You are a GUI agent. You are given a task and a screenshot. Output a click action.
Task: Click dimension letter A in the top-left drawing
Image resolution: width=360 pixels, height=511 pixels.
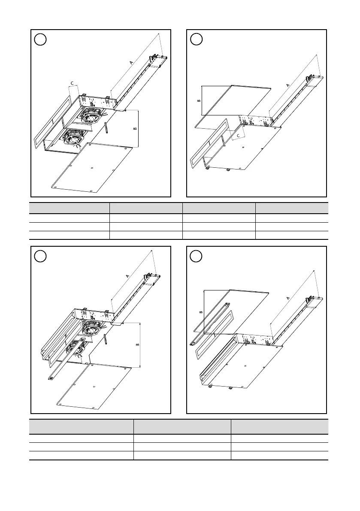(131, 63)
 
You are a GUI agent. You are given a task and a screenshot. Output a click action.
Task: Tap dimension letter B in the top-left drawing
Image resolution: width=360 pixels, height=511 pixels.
(135, 128)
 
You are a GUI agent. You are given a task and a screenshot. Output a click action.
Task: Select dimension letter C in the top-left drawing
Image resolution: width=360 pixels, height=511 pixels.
(72, 82)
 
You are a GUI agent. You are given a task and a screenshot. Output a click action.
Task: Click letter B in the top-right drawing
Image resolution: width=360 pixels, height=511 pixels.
(198, 100)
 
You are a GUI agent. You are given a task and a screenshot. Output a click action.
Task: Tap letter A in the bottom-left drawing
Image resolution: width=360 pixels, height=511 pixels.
(127, 277)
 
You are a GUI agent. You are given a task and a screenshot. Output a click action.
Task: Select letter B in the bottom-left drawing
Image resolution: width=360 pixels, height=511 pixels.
(136, 345)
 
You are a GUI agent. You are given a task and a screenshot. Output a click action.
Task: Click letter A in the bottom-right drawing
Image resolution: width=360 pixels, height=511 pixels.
(287, 298)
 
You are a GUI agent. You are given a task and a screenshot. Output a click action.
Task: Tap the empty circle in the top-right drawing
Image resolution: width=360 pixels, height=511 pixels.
(196, 40)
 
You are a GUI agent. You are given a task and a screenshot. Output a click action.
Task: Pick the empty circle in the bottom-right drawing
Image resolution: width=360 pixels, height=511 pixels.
(196, 256)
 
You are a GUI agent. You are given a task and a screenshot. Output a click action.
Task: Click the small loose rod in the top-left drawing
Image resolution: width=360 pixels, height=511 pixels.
(106, 128)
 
